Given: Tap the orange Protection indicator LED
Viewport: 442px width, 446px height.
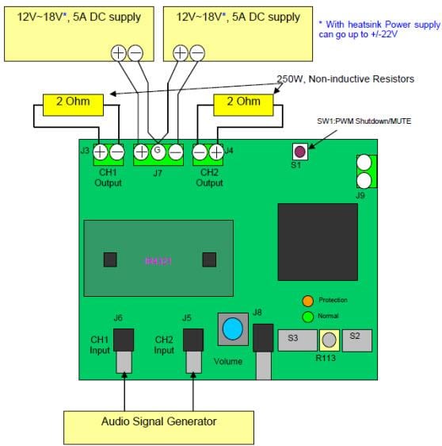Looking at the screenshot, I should (x=308, y=301).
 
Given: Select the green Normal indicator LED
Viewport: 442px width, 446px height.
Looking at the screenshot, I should (x=308, y=317).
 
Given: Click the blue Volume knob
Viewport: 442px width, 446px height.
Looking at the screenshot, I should (x=232, y=329).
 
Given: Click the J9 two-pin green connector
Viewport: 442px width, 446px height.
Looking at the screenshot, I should (x=365, y=171).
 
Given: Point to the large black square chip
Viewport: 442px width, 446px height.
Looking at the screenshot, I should (x=317, y=241).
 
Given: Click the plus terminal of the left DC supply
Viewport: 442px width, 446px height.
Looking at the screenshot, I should (x=117, y=53).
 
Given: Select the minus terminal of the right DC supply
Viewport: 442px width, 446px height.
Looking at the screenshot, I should (x=197, y=53).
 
